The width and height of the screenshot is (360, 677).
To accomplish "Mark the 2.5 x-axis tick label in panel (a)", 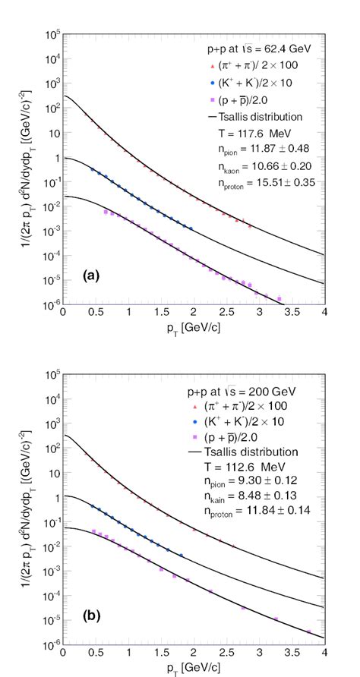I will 226,312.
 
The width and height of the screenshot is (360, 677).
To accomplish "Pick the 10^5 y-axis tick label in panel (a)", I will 51,35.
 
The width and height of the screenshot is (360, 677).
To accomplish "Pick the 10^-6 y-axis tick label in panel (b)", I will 51,644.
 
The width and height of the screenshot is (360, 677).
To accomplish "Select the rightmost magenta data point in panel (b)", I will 308,631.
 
